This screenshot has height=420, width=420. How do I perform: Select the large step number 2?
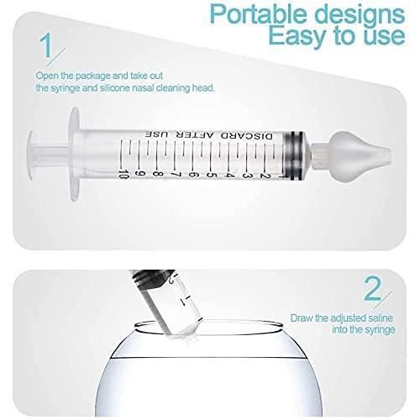[372, 290]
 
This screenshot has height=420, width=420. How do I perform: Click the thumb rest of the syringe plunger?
[34, 151]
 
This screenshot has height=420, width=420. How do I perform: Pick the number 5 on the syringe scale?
[209, 173]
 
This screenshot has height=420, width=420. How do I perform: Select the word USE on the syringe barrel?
[155, 134]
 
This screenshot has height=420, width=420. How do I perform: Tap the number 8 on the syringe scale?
[158, 173]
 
